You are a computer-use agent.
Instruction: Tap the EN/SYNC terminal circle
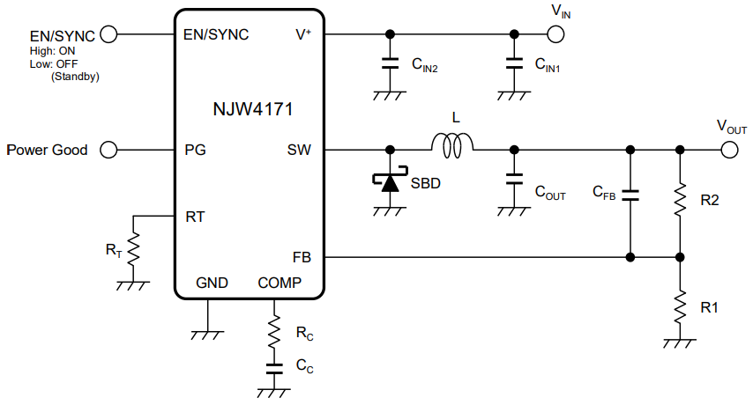pos(109,34)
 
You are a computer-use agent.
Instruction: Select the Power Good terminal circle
pos(109,150)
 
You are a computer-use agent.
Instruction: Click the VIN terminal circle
pos(555,34)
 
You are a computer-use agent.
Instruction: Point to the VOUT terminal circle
pos(729,150)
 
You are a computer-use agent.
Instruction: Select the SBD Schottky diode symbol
pos(389,182)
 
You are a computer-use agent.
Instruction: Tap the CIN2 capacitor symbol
pos(389,63)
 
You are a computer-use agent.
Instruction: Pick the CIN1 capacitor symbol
pos(512,63)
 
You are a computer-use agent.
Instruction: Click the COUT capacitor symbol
pos(512,180)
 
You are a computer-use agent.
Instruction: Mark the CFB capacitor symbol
pos(630,195)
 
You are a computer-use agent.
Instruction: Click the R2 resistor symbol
pos(680,201)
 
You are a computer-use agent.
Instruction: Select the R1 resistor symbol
pos(680,307)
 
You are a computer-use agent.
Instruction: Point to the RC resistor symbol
pos(274,332)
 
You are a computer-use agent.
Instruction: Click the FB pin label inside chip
pos(302,257)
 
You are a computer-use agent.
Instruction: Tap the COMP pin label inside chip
pos(280,283)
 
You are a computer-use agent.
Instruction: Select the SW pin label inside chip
pos(300,150)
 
